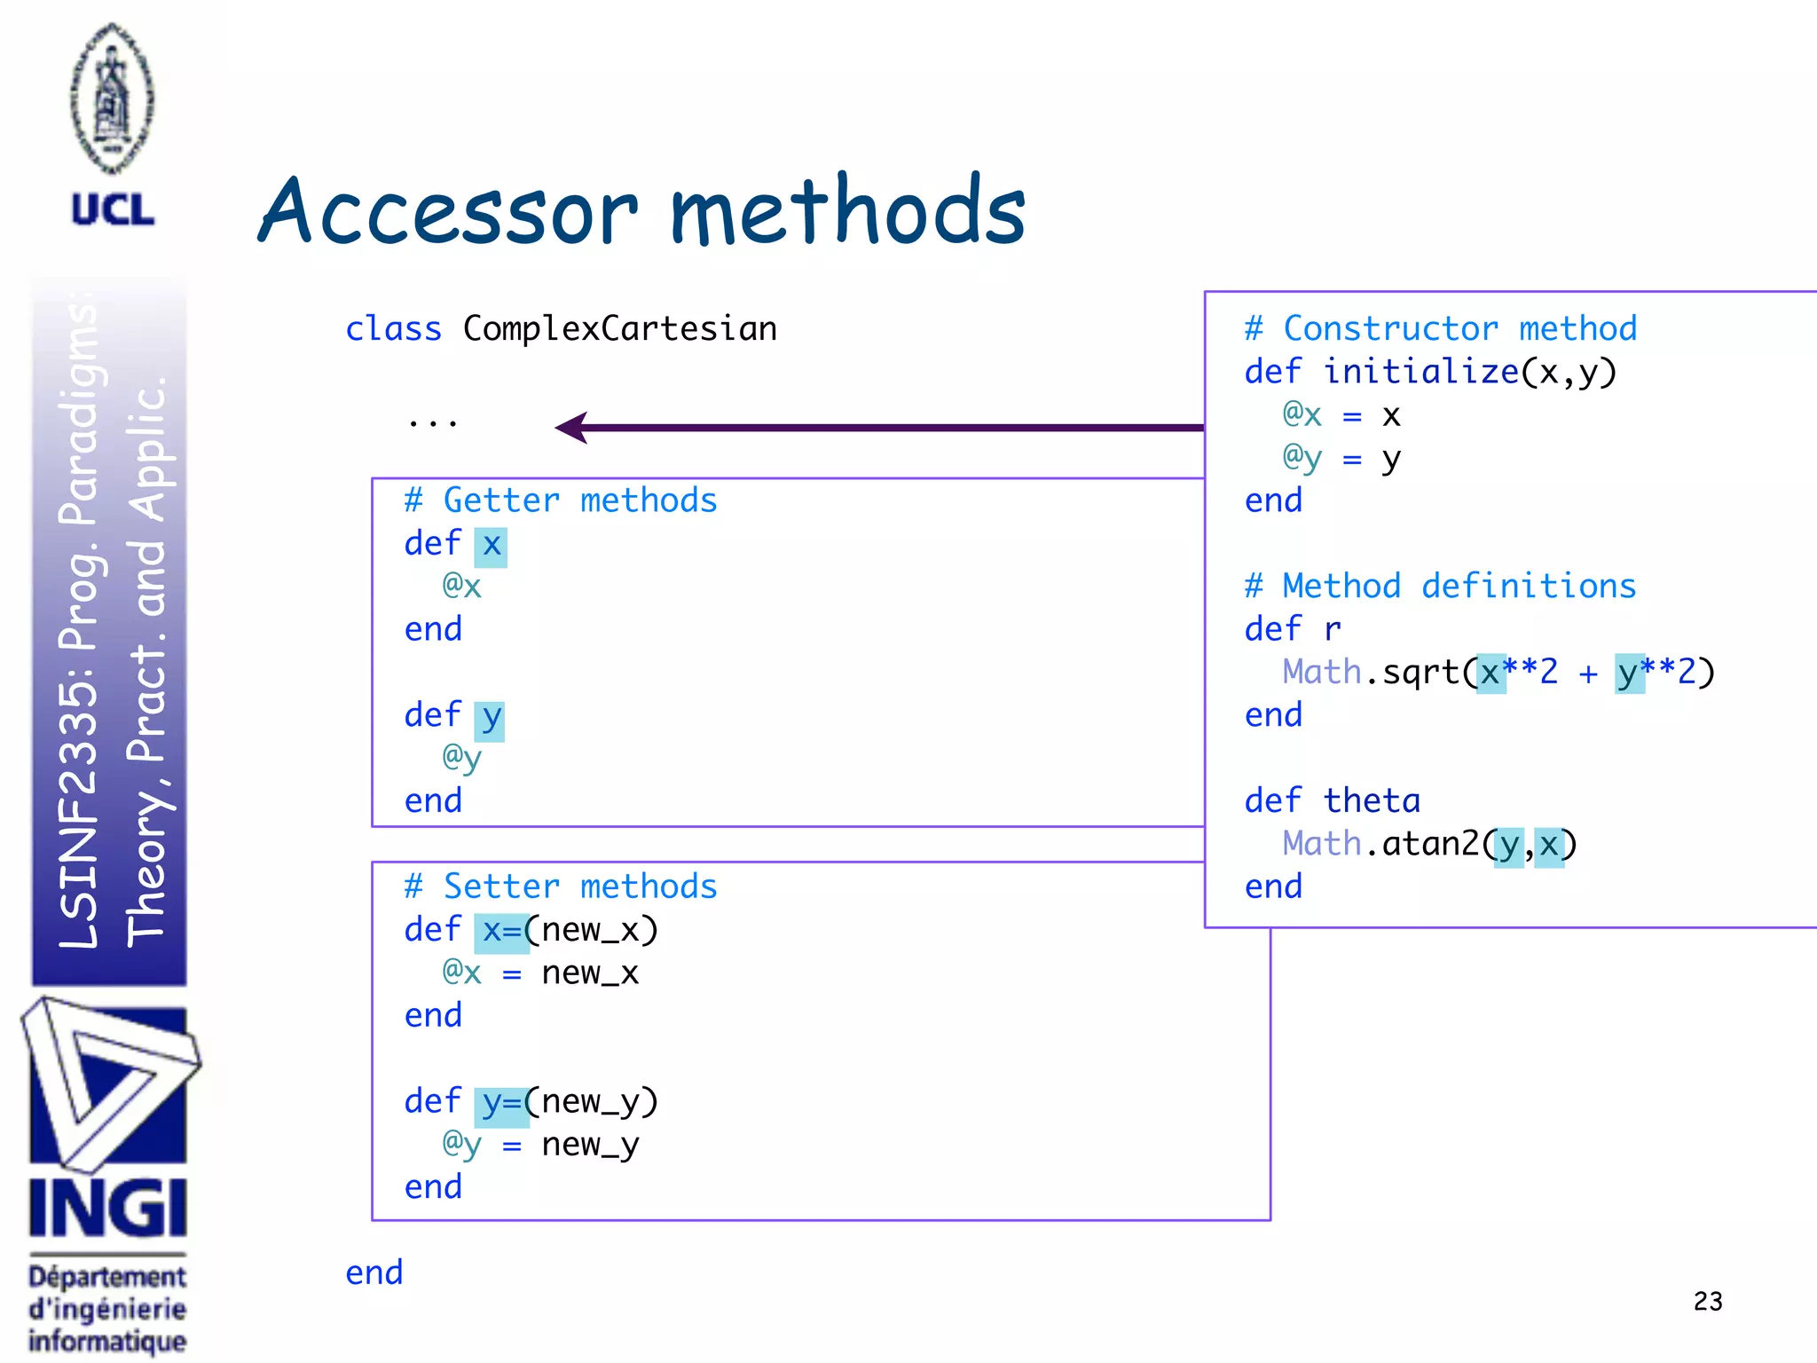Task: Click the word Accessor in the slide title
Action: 448,211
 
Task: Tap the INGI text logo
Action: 107,1208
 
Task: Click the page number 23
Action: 1707,1301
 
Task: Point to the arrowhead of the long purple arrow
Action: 570,428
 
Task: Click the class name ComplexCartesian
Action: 619,329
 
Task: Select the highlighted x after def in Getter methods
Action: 492,545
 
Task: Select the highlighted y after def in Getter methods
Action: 490,718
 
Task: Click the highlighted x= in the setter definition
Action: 501,931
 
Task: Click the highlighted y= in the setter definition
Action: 501,1103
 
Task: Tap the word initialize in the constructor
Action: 1420,372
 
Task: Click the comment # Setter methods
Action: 561,886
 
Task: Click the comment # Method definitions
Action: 1440,587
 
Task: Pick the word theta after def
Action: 1371,801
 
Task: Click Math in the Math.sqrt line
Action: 1321,672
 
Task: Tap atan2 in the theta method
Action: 1430,844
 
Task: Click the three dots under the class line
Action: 433,424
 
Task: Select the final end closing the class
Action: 374,1272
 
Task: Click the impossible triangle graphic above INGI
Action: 108,1082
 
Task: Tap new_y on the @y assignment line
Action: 590,1145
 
